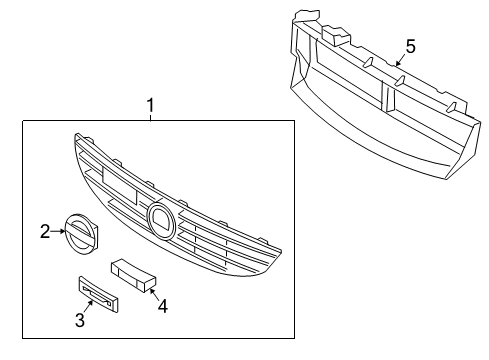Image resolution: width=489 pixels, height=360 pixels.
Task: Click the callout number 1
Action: [151, 104]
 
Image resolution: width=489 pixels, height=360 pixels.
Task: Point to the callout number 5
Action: [409, 45]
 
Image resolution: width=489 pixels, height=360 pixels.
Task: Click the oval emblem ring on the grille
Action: [159, 217]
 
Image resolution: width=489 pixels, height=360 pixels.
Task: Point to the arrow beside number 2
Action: [58, 231]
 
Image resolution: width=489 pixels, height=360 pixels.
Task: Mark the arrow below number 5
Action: [399, 60]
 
